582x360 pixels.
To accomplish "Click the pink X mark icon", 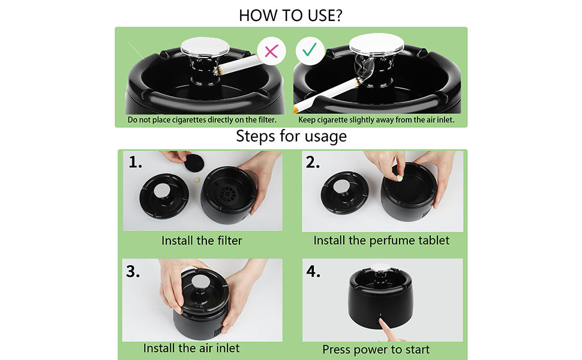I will point(271,50).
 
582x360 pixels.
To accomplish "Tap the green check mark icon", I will point(310,50).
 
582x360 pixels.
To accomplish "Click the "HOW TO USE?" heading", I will point(291,15).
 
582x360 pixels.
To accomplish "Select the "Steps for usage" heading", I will point(291,136).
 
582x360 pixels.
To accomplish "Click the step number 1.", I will point(136,162).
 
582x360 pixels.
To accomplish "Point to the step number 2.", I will point(313,162).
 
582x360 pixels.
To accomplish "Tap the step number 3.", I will point(133,271).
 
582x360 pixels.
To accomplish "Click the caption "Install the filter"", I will point(202,241).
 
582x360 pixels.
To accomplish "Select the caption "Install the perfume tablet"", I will point(381,241).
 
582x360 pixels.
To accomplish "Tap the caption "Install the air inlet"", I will point(191,348).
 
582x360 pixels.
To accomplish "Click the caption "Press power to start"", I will point(376,349).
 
